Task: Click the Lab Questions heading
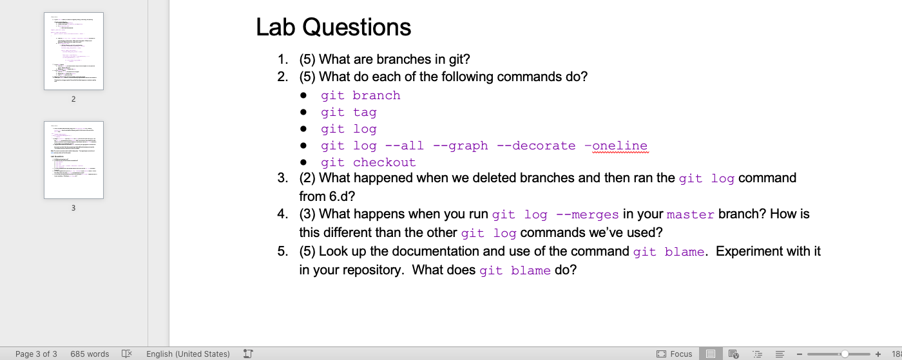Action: (x=333, y=27)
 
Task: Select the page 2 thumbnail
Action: (x=73, y=52)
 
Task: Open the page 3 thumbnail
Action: (x=73, y=160)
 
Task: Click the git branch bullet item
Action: (x=360, y=95)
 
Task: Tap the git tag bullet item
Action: (x=349, y=112)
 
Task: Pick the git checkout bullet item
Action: (x=368, y=162)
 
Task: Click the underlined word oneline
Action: (x=619, y=146)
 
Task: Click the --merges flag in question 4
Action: (x=587, y=214)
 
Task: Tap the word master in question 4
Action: (x=690, y=214)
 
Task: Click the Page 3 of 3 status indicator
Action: (x=36, y=354)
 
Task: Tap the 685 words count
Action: (x=90, y=354)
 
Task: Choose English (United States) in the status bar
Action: (x=187, y=354)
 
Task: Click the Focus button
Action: (x=675, y=354)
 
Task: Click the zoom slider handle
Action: (x=845, y=354)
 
